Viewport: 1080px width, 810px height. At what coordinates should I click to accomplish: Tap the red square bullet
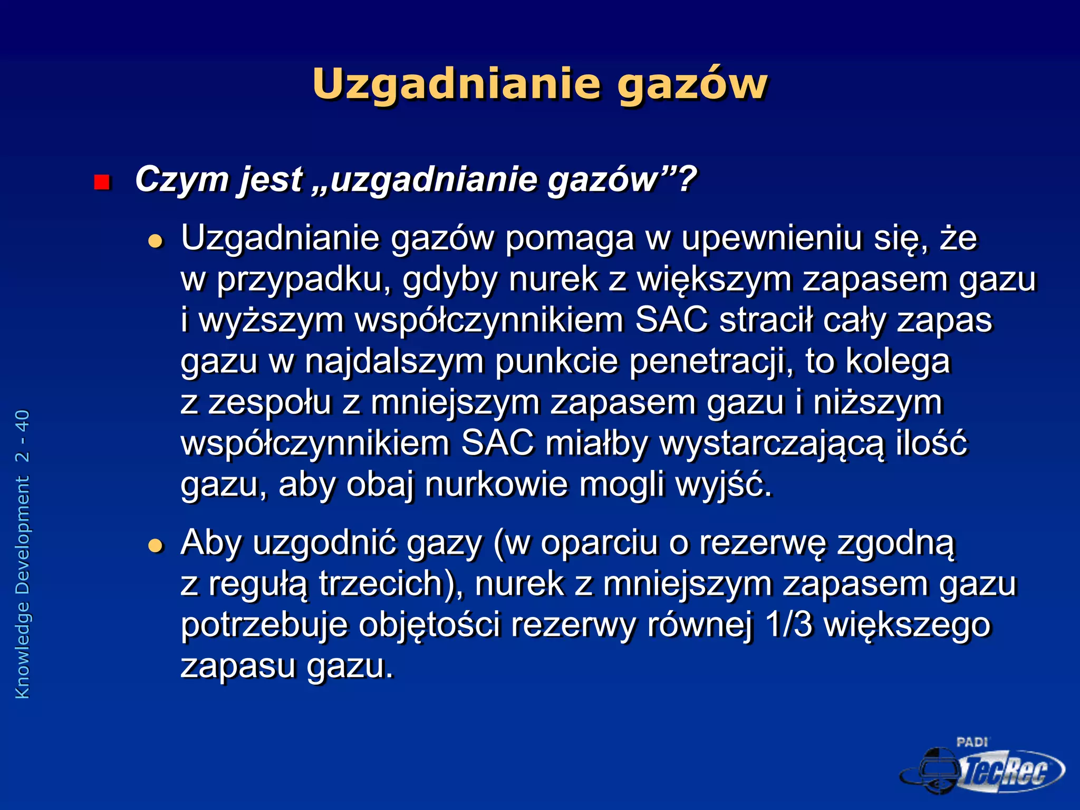[101, 182]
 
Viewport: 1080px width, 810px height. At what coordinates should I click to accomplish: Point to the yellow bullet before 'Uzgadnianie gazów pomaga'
[156, 242]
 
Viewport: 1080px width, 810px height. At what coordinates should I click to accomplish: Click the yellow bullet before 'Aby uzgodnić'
[156, 545]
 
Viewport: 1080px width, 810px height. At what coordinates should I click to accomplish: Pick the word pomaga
[570, 238]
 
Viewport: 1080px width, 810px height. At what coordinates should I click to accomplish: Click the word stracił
[765, 320]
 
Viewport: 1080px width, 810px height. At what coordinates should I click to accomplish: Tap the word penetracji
[711, 361]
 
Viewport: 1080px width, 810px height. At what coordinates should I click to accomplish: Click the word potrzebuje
[264, 625]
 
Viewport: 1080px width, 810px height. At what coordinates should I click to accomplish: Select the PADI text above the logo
[972, 742]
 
